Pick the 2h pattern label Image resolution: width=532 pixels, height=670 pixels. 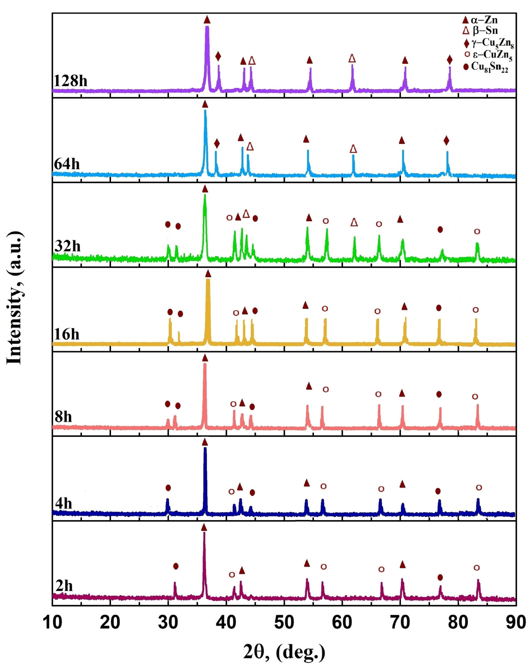coord(64,586)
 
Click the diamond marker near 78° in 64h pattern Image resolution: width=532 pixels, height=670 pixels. coord(446,141)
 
